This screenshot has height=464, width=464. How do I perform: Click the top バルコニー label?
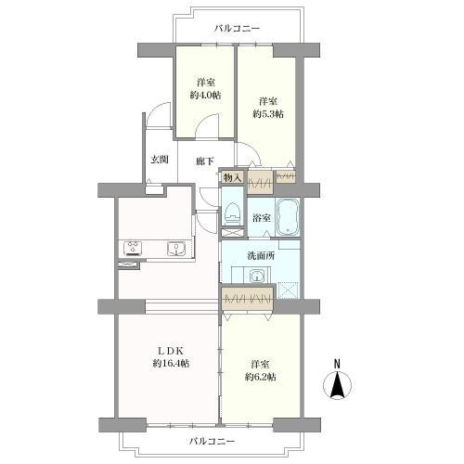pos(237,28)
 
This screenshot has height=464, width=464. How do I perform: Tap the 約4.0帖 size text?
pos(204,95)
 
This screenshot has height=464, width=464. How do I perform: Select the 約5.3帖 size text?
pos(268,113)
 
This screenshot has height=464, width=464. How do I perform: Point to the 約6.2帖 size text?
pos(264,376)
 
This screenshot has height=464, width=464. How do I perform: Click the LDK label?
pos(167,350)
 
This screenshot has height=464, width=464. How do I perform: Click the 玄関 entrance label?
pos(160,159)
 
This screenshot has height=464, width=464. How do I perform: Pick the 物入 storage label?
pos(231,175)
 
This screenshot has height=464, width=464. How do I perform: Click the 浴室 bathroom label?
pos(261,217)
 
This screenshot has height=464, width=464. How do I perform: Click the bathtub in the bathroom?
pos(287,217)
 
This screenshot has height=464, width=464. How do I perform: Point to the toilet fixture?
pos(232,211)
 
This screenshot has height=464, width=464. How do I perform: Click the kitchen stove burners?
pos(132,248)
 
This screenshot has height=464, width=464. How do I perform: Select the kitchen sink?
pos(174,248)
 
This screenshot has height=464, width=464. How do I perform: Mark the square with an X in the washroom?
pos(290,290)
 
